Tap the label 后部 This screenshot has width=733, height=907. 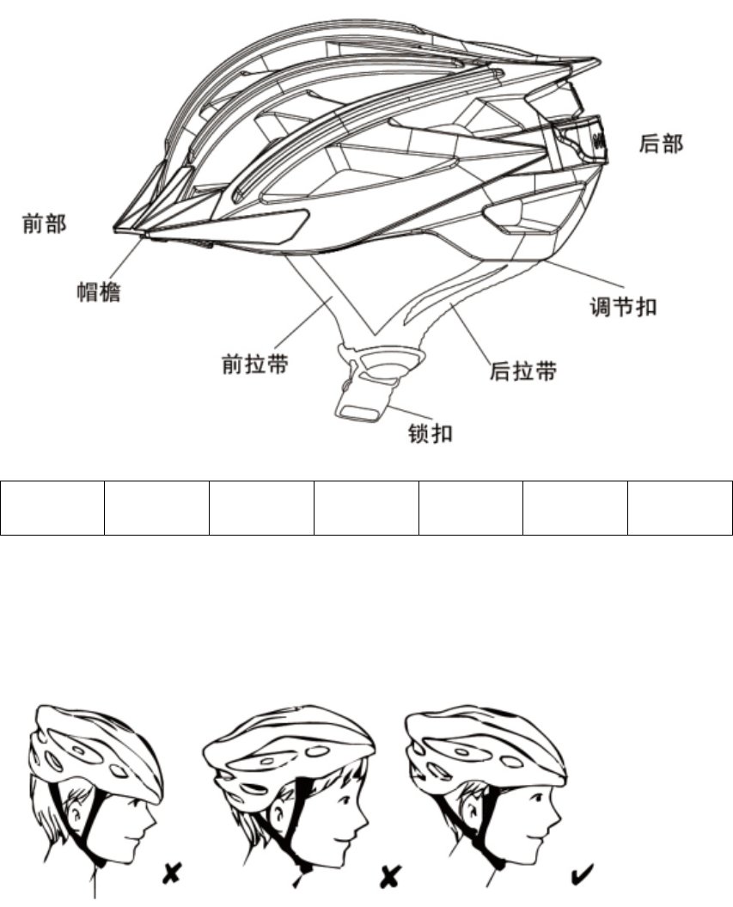click(662, 144)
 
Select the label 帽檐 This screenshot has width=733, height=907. click(95, 292)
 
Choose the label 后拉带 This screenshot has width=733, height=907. click(522, 371)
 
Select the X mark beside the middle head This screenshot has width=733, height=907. click(392, 875)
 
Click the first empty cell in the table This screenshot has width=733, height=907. click(52, 508)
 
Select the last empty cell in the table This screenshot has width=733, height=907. click(680, 508)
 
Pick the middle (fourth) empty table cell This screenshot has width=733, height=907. click(366, 508)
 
